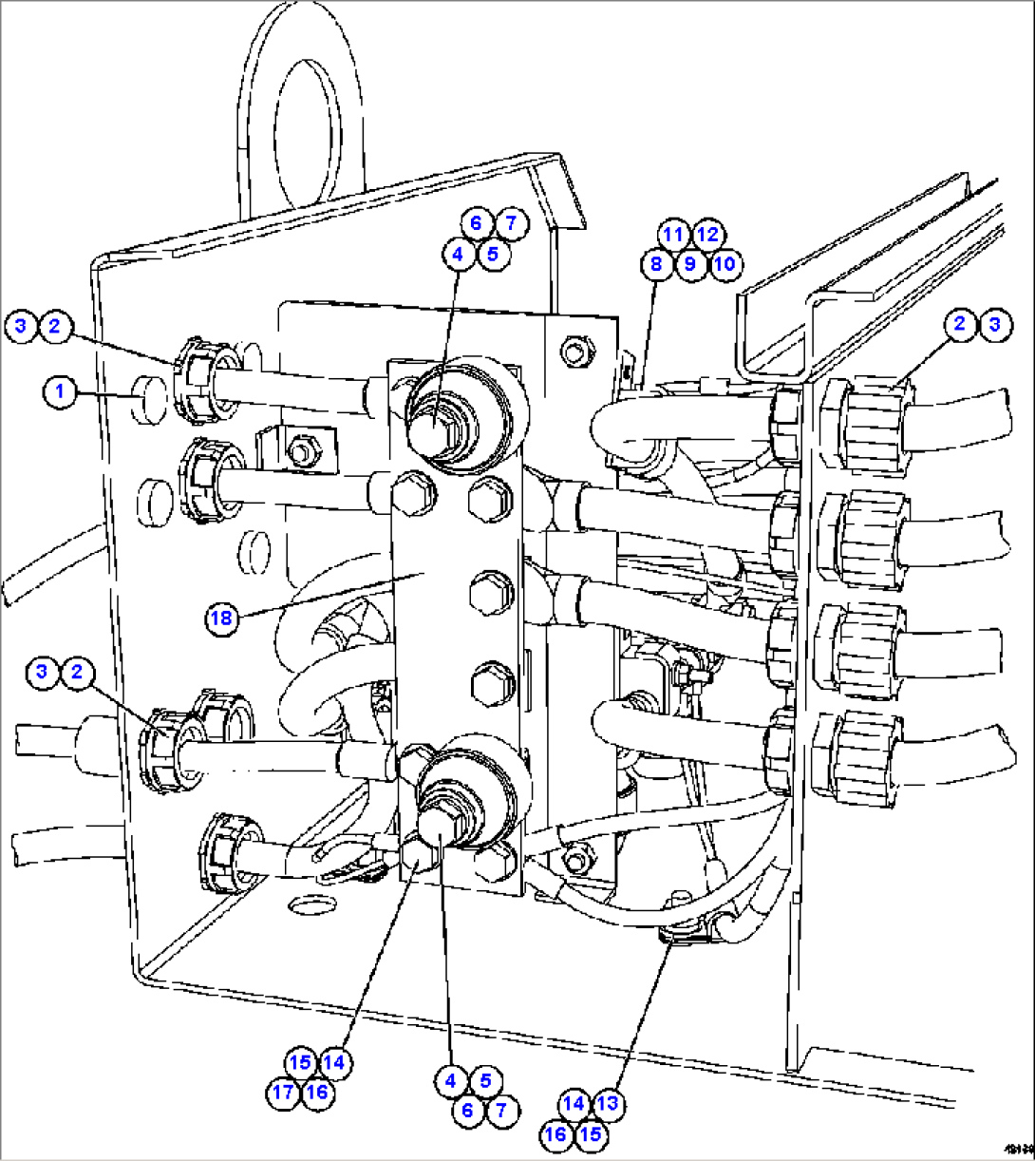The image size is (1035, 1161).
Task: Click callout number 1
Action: (61, 391)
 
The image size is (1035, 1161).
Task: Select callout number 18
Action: (221, 619)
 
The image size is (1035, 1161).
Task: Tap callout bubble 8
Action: (656, 263)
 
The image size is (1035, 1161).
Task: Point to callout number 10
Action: (724, 263)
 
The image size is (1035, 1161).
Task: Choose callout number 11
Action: (673, 234)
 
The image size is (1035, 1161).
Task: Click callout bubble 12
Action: (707, 234)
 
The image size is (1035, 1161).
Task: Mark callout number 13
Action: (609, 1103)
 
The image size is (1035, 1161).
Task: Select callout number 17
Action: (283, 1092)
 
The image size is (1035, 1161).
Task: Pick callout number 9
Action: (690, 263)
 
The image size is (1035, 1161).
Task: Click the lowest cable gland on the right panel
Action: (859, 751)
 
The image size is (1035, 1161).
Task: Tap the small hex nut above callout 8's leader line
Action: (574, 352)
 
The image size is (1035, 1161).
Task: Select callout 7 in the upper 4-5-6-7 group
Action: (511, 224)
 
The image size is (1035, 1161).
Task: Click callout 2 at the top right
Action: (960, 324)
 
